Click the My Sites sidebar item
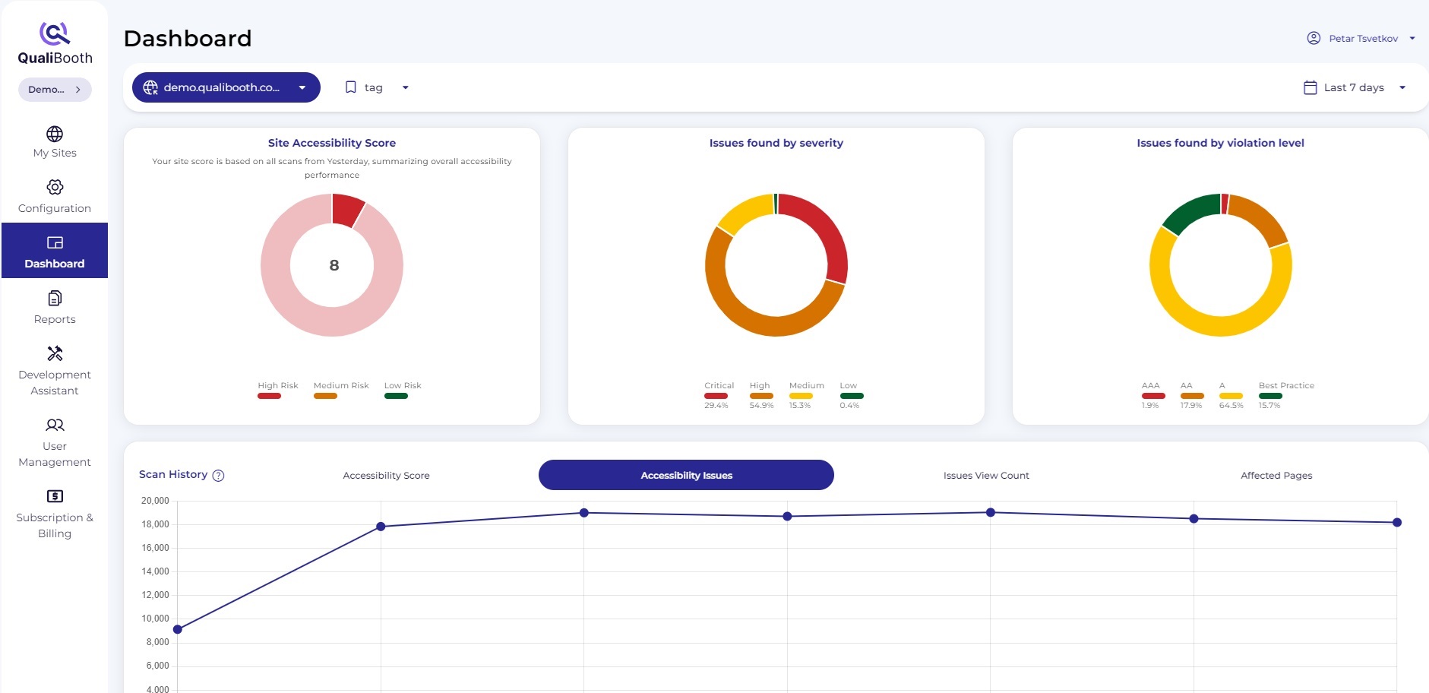click(55, 142)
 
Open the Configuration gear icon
click(55, 187)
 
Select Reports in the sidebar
click(55, 307)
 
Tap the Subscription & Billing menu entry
click(55, 514)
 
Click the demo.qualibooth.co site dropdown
click(226, 87)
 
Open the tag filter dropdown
click(377, 87)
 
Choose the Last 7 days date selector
click(1355, 87)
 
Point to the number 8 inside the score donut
click(334, 265)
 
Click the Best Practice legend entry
click(1285, 391)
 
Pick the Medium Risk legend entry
click(340, 390)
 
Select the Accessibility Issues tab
click(686, 475)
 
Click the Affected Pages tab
click(1276, 475)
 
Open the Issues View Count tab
click(986, 475)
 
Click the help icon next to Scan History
click(218, 476)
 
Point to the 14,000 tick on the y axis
click(155, 571)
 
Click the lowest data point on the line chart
click(178, 629)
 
